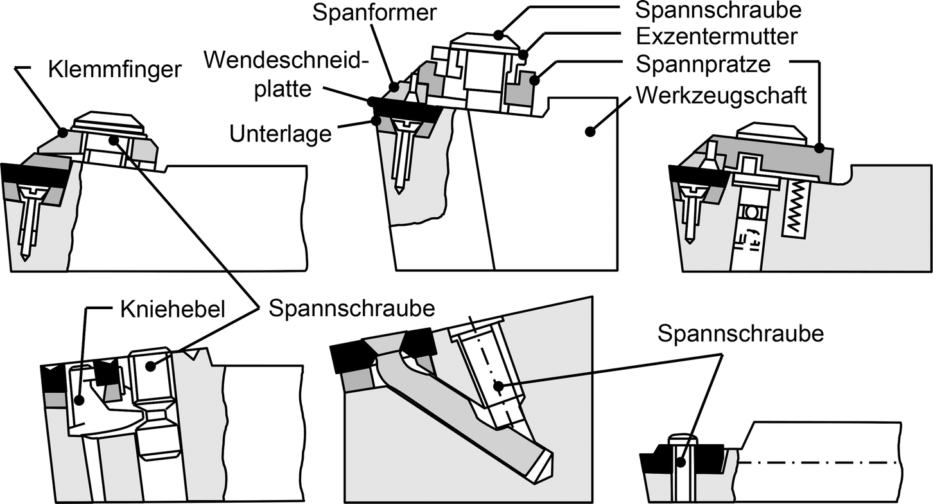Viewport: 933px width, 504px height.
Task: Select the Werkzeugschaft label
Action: (720, 96)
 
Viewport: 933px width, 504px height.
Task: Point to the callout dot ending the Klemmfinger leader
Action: (62, 133)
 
